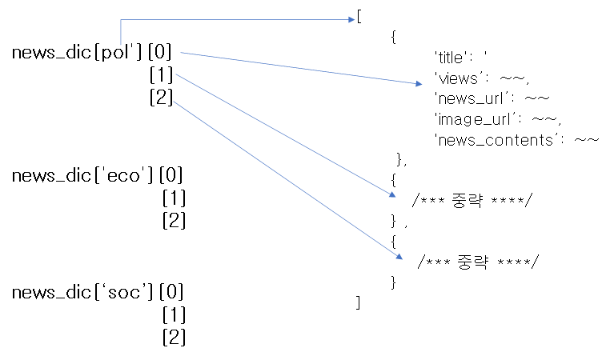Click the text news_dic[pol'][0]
92,54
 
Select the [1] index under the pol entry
162,76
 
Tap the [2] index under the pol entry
162,98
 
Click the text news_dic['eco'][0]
98,176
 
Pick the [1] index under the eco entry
174,198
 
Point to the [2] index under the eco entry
174,219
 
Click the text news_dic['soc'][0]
98,292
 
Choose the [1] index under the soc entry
174,314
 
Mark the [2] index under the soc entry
174,337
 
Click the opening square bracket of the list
359,17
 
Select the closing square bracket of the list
359,302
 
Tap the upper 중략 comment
471,200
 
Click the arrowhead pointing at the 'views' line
417,83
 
